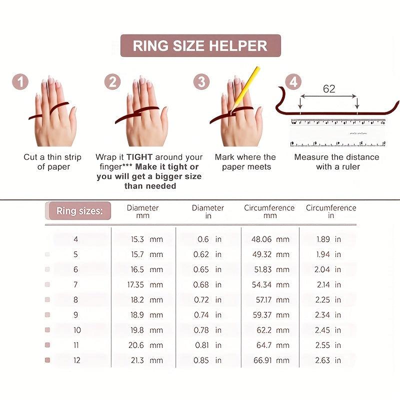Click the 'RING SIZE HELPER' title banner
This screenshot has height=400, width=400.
[200, 45]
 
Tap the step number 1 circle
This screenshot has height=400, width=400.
[20, 82]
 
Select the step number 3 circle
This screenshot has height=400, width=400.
[201, 82]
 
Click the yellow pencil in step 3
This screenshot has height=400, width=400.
[245, 89]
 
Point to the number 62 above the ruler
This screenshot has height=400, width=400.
[329, 89]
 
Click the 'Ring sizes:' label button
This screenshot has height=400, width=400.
[79, 210]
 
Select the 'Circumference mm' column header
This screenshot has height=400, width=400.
[269, 211]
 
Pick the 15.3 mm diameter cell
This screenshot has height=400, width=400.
[147, 239]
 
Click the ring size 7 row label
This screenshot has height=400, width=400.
[75, 284]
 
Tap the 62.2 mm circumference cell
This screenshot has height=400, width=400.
[273, 330]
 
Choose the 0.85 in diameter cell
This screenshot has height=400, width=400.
[207, 360]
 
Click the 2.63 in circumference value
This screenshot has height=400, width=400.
[328, 360]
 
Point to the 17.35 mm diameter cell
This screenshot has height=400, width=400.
[145, 284]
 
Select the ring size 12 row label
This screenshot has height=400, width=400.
[77, 360]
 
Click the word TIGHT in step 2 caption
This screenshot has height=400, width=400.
[139, 157]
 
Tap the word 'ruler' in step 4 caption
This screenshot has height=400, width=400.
[351, 167]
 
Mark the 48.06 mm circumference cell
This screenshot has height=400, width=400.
[270, 239]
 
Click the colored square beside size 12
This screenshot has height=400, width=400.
[47, 360]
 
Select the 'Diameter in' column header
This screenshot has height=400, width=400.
[208, 211]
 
